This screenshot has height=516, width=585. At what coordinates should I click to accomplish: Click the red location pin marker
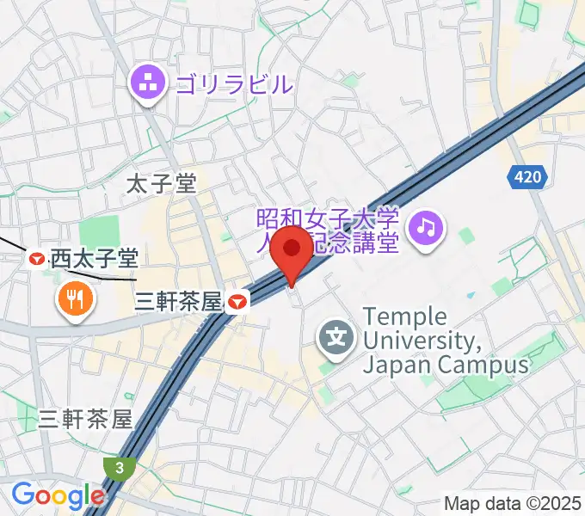point(292,251)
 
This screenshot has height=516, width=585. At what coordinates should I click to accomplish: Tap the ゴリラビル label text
point(234,83)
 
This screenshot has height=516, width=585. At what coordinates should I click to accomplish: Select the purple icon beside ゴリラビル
point(145,83)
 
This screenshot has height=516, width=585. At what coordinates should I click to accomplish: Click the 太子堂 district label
point(161,183)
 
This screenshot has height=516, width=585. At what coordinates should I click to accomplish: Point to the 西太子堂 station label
point(94,257)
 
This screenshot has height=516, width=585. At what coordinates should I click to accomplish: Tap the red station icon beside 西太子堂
point(37,257)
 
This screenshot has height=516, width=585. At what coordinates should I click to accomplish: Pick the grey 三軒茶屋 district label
point(85,419)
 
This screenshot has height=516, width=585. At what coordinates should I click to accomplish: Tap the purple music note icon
point(425,227)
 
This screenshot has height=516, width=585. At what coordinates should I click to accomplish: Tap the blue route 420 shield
point(528,177)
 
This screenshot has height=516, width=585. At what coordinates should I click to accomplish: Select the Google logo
point(58,495)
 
